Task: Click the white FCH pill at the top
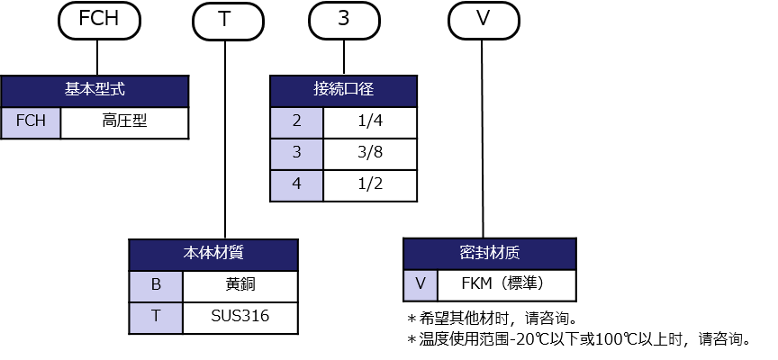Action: pyautogui.click(x=99, y=20)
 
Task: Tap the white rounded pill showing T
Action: pyautogui.click(x=225, y=20)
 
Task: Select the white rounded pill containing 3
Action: pyautogui.click(x=343, y=20)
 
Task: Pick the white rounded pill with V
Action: pyautogui.click(x=483, y=20)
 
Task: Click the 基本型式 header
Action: pyautogui.click(x=95, y=91)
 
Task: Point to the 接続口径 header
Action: pyautogui.click(x=343, y=91)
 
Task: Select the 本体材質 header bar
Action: pyautogui.click(x=213, y=255)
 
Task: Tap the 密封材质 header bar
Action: pyautogui.click(x=489, y=255)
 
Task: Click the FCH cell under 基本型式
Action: pyautogui.click(x=31, y=122)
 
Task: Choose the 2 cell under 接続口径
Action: pyautogui.click(x=296, y=122)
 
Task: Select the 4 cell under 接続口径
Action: pyautogui.click(x=296, y=185)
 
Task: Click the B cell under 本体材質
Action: pyautogui.click(x=156, y=286)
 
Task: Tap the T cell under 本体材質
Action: pyautogui.click(x=156, y=318)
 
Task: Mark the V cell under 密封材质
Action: pyautogui.click(x=420, y=285)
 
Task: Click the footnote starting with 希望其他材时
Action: pyautogui.click(x=491, y=319)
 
